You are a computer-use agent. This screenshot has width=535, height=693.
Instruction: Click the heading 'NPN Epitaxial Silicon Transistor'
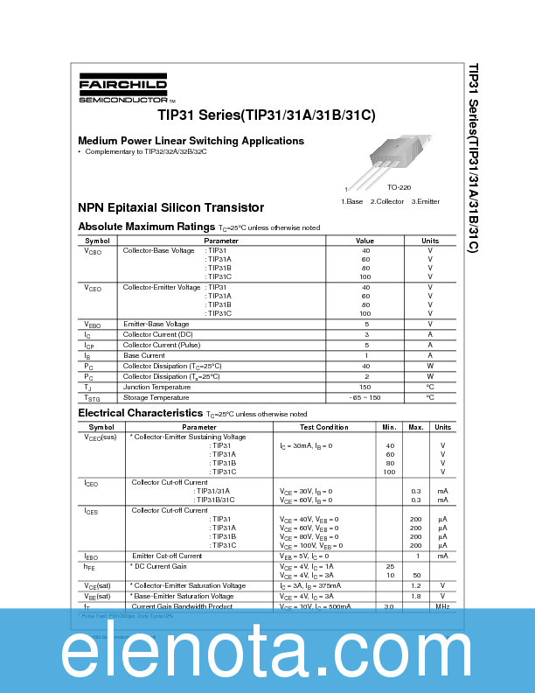(170, 207)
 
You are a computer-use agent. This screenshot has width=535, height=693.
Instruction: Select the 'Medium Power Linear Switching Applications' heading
(191, 141)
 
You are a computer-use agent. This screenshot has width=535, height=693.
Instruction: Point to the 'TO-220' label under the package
(399, 187)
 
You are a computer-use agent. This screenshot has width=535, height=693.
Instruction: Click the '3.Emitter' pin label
(425, 201)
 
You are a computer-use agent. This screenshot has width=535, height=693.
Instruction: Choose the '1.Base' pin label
(351, 201)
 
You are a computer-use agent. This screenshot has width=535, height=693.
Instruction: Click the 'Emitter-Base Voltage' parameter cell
(156, 324)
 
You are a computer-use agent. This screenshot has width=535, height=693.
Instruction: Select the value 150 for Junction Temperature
(365, 387)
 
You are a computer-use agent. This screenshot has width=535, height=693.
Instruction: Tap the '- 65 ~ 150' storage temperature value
(365, 397)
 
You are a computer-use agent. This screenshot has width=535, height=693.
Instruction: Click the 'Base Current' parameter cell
(144, 355)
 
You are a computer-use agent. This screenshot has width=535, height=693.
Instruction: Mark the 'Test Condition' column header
(324, 427)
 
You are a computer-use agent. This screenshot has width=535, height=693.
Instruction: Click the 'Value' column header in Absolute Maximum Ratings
(365, 241)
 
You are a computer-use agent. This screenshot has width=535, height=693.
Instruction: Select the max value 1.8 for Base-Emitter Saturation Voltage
(416, 596)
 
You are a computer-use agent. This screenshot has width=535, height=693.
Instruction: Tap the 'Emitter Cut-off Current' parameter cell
(167, 556)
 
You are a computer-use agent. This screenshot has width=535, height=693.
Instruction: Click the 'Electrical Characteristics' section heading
(140, 413)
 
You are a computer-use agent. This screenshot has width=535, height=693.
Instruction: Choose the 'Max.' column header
(416, 427)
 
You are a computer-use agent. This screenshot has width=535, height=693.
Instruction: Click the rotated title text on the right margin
(473, 157)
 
